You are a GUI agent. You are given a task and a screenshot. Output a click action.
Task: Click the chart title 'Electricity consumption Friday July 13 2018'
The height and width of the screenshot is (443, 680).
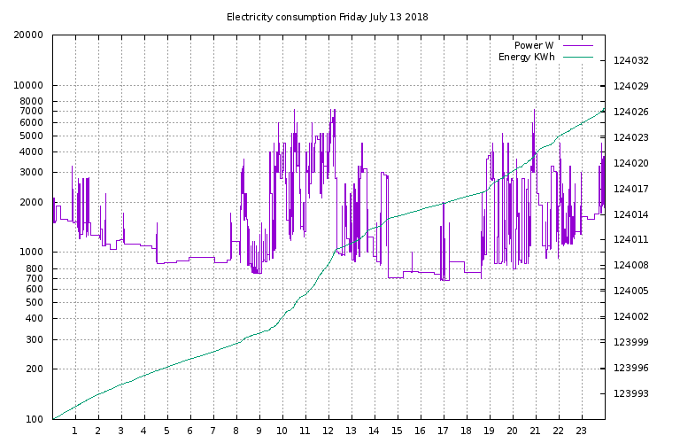pos(328,17)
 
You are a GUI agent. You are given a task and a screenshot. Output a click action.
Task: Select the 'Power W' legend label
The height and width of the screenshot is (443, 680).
pos(534,45)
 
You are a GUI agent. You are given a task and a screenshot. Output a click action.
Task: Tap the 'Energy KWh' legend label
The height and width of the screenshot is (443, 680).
pos(527,58)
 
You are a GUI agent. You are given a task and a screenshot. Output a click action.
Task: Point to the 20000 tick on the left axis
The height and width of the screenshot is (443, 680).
pos(29,35)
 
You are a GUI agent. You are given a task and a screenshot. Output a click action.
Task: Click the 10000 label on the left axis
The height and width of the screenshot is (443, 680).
pos(29,86)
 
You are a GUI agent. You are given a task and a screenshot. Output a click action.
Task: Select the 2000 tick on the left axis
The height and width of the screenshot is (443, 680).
pos(32,202)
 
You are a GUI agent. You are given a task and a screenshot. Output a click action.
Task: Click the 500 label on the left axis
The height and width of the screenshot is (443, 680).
pos(35,302)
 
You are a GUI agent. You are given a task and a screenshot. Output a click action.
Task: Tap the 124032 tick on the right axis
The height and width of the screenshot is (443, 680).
pos(630,61)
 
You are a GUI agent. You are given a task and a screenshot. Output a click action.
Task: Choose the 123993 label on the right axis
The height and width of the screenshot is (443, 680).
pos(630,394)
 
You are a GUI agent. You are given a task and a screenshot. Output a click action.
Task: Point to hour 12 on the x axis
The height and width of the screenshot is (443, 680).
pos(328,431)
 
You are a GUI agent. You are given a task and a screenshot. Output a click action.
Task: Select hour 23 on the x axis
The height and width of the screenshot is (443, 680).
pos(582,431)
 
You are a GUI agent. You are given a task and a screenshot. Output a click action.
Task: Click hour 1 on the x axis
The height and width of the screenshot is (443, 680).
pos(75,431)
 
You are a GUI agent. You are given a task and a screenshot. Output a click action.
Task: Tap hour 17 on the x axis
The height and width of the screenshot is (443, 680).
pos(444,431)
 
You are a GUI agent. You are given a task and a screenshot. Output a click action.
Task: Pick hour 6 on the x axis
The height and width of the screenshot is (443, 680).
pos(190,431)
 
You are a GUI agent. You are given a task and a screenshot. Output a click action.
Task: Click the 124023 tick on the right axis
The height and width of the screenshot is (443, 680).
pos(630,138)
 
